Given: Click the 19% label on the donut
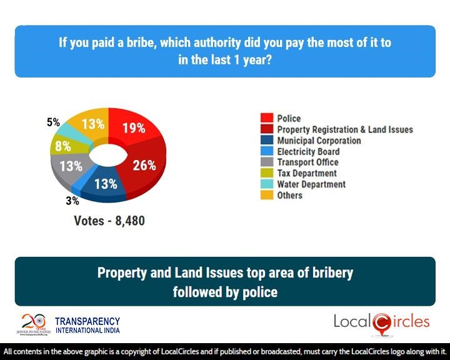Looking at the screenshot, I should tap(133, 128).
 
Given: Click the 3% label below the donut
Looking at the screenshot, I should tap(72, 201).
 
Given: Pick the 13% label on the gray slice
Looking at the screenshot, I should tap(71, 166).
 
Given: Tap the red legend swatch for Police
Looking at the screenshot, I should tap(266, 118).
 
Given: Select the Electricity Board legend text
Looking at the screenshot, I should tap(308, 152).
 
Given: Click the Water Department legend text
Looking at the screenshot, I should tap(311, 184).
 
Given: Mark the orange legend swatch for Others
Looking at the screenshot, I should tap(266, 196).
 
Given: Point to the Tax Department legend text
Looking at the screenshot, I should tap(307, 173).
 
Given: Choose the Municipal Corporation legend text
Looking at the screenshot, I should tap(319, 141).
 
